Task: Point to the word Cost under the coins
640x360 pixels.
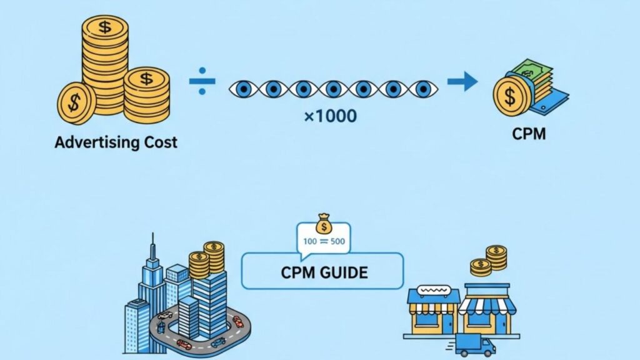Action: click(x=161, y=142)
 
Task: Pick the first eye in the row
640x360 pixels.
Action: click(x=242, y=89)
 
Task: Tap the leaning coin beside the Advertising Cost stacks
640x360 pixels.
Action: click(x=76, y=102)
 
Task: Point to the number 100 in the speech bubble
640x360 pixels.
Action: click(x=309, y=241)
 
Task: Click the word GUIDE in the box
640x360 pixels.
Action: click(x=342, y=272)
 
